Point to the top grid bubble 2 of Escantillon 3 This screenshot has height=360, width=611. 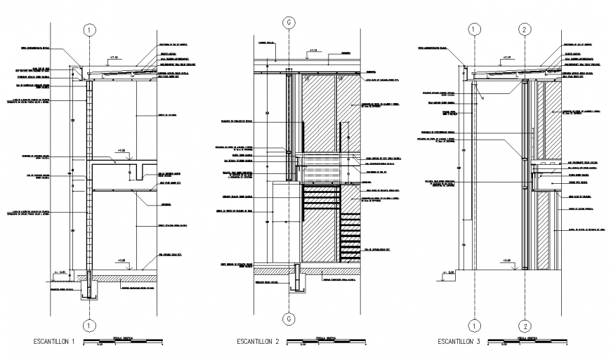525,29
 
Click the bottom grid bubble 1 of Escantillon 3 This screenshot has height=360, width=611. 475,325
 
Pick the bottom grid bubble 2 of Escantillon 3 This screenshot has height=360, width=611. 525,325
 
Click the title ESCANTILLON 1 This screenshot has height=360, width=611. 55,342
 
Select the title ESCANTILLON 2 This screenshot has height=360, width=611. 257,342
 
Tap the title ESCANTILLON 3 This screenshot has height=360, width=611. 459,342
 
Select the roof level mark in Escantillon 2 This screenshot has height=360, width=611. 313,51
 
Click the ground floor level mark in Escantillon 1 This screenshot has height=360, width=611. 122,261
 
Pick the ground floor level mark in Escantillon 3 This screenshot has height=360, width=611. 507,261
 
